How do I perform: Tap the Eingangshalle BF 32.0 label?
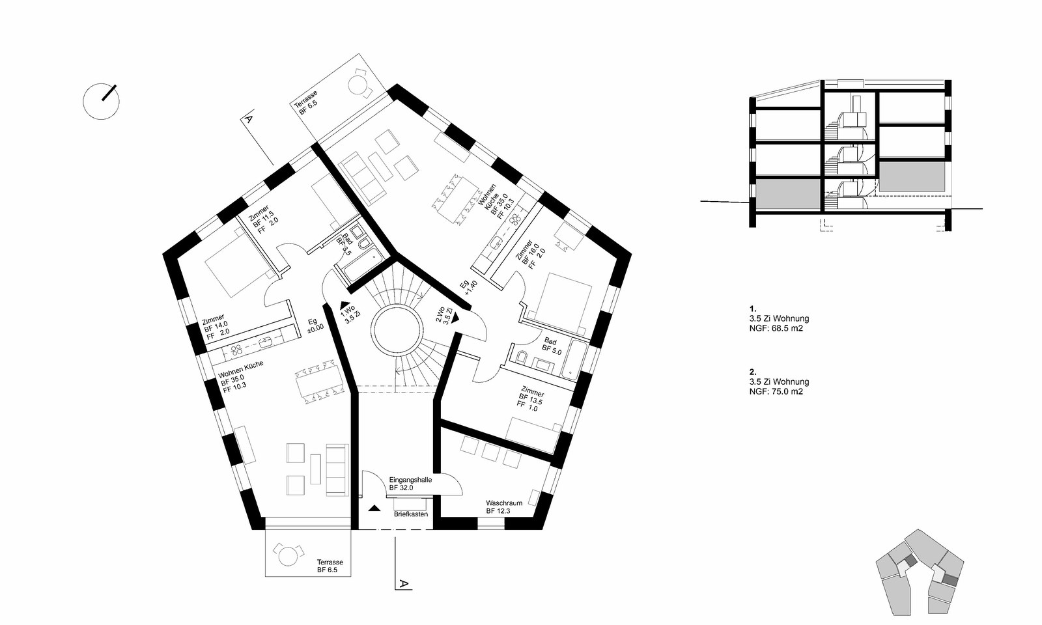click(x=411, y=484)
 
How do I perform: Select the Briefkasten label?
click(x=411, y=514)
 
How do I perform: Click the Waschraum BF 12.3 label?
click(x=504, y=507)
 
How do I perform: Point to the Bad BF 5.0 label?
click(x=553, y=346)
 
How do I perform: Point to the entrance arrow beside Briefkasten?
click(x=374, y=508)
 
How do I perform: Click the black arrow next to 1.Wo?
click(x=345, y=303)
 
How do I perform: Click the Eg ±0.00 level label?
click(x=315, y=324)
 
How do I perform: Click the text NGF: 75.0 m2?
click(x=776, y=391)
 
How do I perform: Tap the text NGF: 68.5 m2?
click(x=776, y=328)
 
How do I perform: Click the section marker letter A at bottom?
click(x=404, y=583)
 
